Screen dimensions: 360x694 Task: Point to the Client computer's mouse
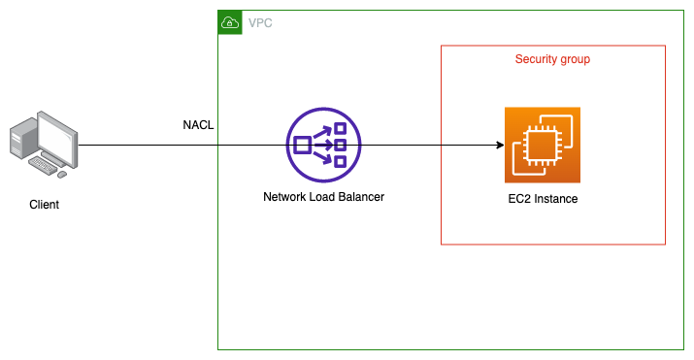point(62,175)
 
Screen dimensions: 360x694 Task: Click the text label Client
point(45,206)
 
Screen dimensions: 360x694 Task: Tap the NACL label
point(198,125)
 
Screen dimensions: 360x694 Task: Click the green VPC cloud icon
point(230,22)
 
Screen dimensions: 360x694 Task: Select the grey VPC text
point(260,22)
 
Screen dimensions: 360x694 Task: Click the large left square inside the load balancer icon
point(302,146)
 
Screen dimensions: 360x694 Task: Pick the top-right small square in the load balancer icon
point(340,129)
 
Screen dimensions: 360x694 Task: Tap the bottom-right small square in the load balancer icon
point(340,162)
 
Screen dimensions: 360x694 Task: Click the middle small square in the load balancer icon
point(342,146)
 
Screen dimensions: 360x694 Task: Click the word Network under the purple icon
point(286,197)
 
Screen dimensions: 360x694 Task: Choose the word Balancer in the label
point(358,197)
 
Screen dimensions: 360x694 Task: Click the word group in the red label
point(575,59)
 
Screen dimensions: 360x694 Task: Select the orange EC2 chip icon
point(542,145)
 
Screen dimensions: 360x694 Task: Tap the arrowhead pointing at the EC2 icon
point(499,146)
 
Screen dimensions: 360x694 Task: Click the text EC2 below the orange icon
point(508,199)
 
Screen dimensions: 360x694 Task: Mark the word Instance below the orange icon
point(553,199)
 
